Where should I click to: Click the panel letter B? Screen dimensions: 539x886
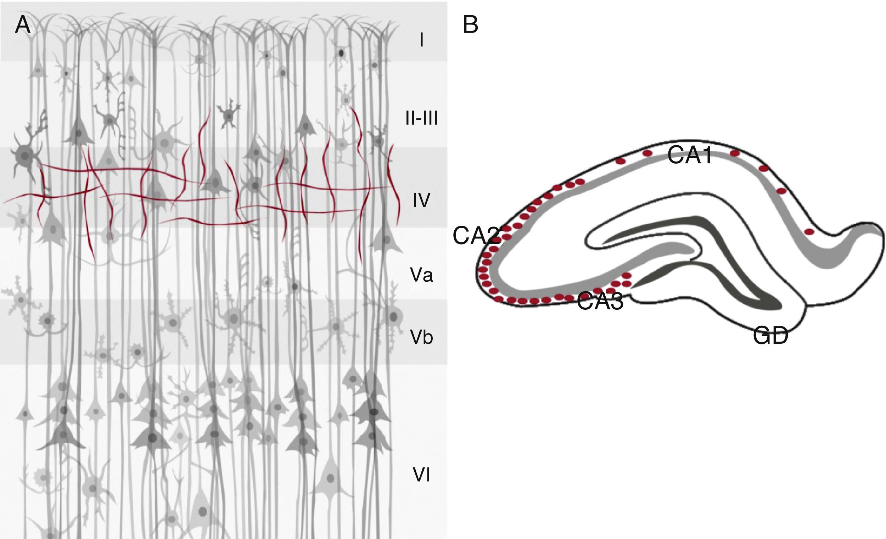tap(470, 25)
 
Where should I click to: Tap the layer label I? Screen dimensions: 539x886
tap(421, 41)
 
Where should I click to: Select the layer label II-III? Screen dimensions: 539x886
tap(421, 118)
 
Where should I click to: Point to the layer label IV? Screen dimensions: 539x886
tap(421, 200)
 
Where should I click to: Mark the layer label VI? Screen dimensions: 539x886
tap(421, 475)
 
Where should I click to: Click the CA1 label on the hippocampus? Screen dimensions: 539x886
tap(689, 156)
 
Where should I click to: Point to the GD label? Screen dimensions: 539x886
tap(770, 336)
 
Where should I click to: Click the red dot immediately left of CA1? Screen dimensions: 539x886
tap(647, 153)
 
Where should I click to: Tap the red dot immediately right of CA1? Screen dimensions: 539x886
tap(735, 153)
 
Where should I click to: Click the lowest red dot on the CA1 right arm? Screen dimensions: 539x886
tap(809, 231)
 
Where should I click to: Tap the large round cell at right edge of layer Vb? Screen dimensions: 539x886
tap(393, 316)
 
